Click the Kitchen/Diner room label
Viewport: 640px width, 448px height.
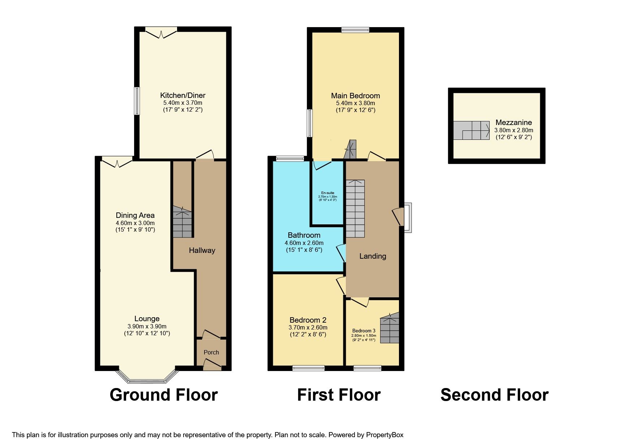pos(182,95)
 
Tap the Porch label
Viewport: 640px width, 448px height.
pos(211,352)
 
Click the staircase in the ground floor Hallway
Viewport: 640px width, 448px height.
pos(182,222)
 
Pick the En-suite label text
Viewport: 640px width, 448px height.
pos(327,193)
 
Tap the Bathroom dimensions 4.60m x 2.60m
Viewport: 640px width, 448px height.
pos(304,243)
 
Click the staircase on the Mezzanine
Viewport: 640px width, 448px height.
pos(472,130)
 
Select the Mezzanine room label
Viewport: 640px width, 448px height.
pos(514,122)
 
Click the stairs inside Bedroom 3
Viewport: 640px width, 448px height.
pos(390,328)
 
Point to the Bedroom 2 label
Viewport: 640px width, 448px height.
pos(308,320)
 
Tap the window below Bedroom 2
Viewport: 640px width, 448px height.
pos(308,368)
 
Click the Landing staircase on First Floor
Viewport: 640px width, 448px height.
pos(355,209)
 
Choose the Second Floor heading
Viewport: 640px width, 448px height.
pos(494,395)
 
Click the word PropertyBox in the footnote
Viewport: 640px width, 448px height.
pos(385,435)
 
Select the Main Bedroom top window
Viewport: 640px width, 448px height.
pos(355,30)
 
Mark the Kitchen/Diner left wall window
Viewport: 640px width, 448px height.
pos(137,101)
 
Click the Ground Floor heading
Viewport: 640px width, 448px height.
pos(163,395)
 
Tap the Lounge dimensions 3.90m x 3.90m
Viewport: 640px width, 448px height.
pos(147,326)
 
